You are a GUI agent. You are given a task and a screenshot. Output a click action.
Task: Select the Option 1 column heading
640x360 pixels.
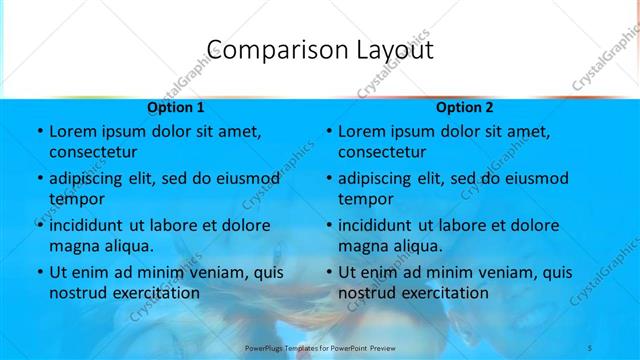pos(175,107)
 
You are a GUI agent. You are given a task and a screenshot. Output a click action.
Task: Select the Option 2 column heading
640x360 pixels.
pos(464,107)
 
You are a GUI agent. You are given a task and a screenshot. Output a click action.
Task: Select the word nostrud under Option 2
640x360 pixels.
pos(369,292)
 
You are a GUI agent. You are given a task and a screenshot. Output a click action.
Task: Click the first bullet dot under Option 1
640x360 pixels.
pos(39,132)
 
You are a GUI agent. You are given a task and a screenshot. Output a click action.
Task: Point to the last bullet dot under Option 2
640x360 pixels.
pos(328,273)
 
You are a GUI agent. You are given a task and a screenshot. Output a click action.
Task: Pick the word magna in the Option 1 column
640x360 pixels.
pos(75,245)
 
